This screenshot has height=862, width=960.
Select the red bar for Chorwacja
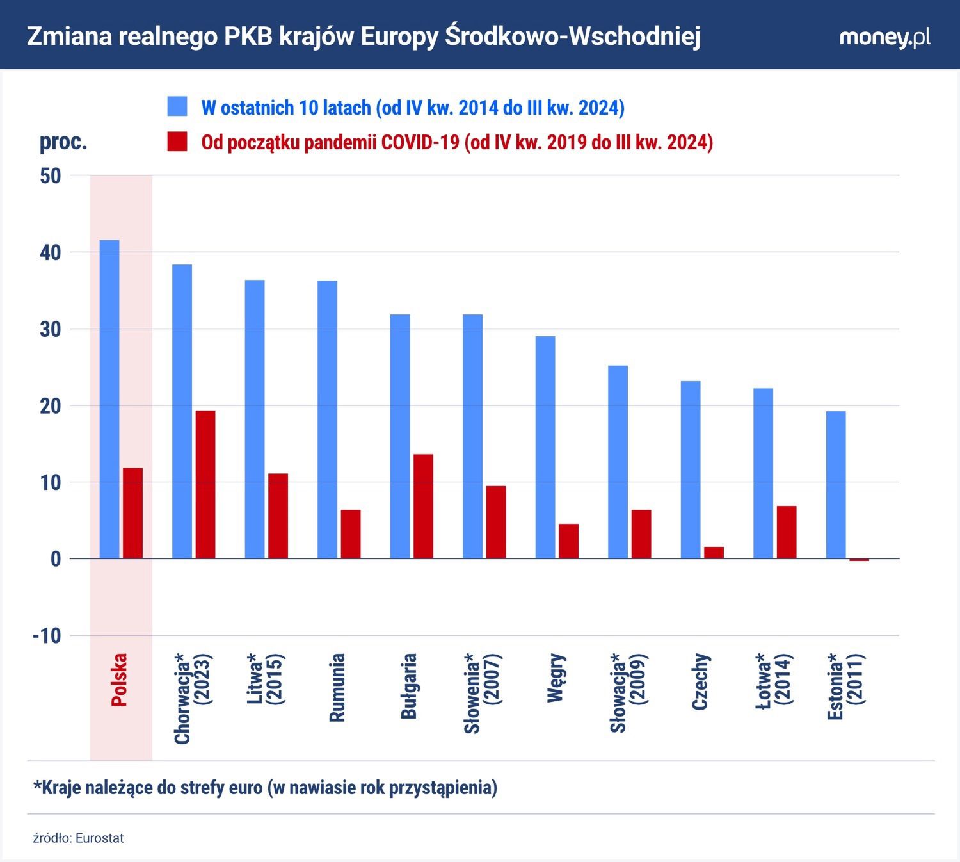[205, 484]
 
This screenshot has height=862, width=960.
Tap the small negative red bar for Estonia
[859, 560]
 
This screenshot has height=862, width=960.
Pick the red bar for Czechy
[714, 553]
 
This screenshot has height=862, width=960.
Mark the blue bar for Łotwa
[763, 473]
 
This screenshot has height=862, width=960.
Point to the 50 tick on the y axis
[51, 176]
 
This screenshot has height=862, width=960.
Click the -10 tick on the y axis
[47, 636]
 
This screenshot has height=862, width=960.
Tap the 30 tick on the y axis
[51, 329]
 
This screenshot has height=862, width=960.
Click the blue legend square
[177, 107]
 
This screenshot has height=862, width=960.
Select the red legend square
[177, 142]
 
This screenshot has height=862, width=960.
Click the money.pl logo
[884, 37]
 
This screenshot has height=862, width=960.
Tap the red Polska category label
[119, 679]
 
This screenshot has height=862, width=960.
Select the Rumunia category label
[337, 687]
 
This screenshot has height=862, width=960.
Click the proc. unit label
[63, 142]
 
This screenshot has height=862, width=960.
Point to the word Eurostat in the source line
[99, 838]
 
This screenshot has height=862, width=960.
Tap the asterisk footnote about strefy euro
[265, 787]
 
